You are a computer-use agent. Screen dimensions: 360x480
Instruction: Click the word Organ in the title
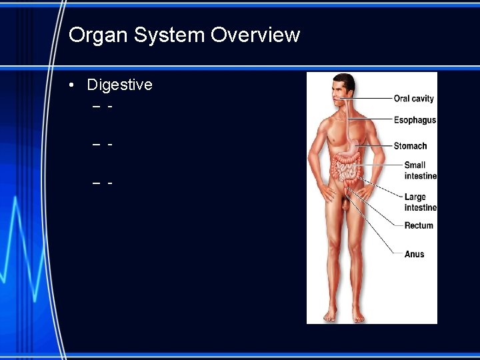pyautogui.click(x=95, y=35)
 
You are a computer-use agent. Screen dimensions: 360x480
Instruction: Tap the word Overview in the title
pyautogui.click(x=255, y=35)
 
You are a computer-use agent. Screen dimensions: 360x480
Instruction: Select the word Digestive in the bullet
pyautogui.click(x=119, y=85)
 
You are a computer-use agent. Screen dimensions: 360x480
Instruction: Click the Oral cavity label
pyautogui.click(x=413, y=99)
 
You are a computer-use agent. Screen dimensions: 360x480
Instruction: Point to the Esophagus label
pyautogui.click(x=415, y=120)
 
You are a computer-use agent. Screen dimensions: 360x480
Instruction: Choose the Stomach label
pyautogui.click(x=410, y=146)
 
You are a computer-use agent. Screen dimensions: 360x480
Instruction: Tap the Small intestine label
pyautogui.click(x=420, y=170)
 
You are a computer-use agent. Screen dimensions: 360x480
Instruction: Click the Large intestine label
pyautogui.click(x=420, y=202)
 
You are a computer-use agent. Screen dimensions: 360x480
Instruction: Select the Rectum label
pyautogui.click(x=419, y=225)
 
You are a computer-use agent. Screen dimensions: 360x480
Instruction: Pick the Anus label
pyautogui.click(x=414, y=254)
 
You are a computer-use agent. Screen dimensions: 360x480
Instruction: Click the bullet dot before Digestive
pyautogui.click(x=71, y=85)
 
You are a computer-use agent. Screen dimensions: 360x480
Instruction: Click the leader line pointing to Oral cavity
pyautogui.click(x=370, y=99)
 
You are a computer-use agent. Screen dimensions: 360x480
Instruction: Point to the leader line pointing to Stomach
pyautogui.click(x=377, y=146)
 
